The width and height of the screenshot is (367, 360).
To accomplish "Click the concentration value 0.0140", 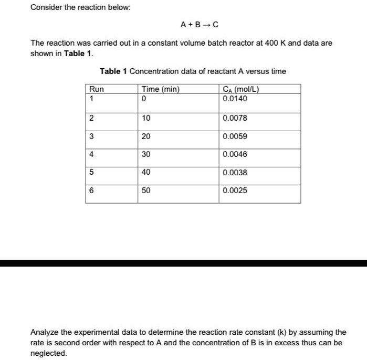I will point(235,99).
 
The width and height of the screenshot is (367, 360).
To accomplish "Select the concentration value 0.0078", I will point(235,118).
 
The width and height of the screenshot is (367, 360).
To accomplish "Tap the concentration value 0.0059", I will point(235,136).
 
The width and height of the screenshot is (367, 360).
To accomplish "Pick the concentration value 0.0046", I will point(235,154).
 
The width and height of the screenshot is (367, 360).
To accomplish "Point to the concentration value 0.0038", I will point(235,172).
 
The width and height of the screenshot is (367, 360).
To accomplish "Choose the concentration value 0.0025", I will point(235,190).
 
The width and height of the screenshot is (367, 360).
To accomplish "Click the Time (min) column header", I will point(161,89).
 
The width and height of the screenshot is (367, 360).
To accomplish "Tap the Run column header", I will point(97,89).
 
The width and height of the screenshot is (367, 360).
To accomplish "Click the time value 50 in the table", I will point(146,190).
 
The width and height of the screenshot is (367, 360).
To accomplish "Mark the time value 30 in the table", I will point(146,154).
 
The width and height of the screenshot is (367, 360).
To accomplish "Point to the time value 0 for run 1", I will point(144,99).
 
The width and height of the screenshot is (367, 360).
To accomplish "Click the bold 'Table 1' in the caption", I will point(112,71).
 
